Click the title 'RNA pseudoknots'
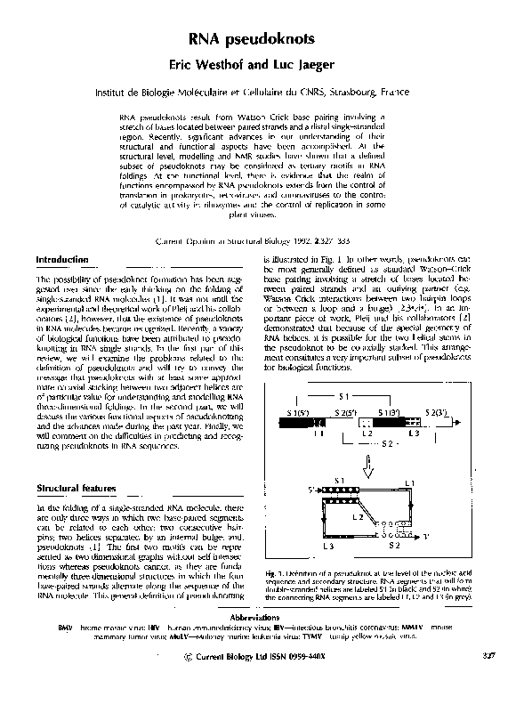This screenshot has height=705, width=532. point(266,39)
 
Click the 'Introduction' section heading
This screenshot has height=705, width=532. point(63,259)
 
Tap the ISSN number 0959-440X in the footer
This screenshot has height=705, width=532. point(333,681)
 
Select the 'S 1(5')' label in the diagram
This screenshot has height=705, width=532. point(286,414)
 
